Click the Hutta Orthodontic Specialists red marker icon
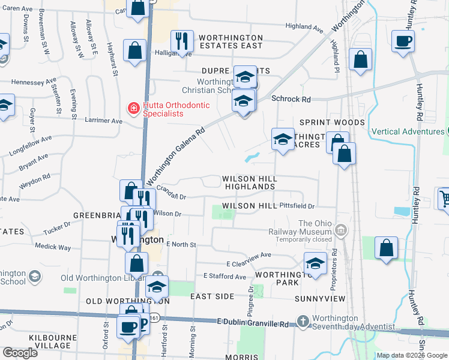(x=133, y=109)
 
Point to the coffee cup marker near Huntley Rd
(x=402, y=42)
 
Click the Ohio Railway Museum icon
(x=341, y=230)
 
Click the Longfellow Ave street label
(x=30, y=146)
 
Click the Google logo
(x=20, y=352)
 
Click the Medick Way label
(x=53, y=247)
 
